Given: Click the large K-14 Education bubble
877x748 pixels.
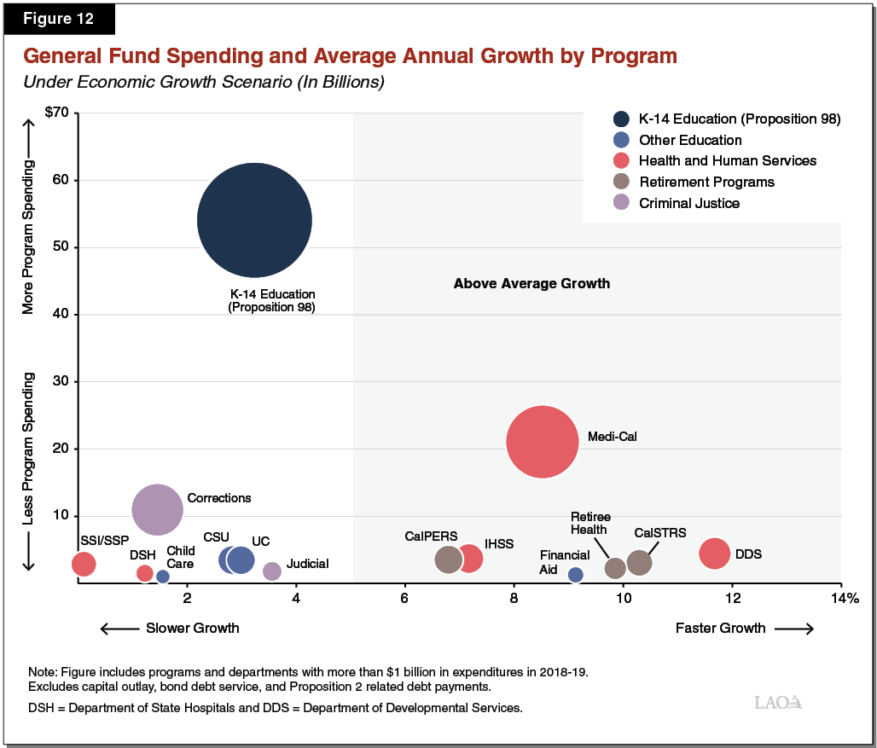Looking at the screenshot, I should point(254,220).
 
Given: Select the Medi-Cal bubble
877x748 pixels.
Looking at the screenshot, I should point(543,442).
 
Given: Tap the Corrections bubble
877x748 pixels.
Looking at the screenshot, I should point(157,508).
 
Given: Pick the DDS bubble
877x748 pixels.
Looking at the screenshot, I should point(714,553).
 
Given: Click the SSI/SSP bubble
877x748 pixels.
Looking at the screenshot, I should point(84,563).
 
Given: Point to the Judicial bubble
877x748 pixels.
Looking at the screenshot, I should point(271,571).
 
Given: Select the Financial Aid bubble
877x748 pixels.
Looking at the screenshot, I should point(576,575).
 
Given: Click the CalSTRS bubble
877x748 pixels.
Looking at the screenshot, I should point(639,562).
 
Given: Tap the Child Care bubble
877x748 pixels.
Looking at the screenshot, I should point(163,577).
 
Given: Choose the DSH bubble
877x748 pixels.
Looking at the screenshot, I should point(145,573).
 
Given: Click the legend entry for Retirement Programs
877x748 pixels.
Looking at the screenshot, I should point(706,182).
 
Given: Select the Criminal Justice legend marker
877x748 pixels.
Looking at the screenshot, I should point(622,203).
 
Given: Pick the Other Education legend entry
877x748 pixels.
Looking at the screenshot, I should point(689,140).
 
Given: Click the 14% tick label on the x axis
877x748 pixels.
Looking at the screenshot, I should point(845,598).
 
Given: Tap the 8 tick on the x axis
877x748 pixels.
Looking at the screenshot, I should point(514,598).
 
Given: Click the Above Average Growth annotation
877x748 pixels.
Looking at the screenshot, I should point(531,283).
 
